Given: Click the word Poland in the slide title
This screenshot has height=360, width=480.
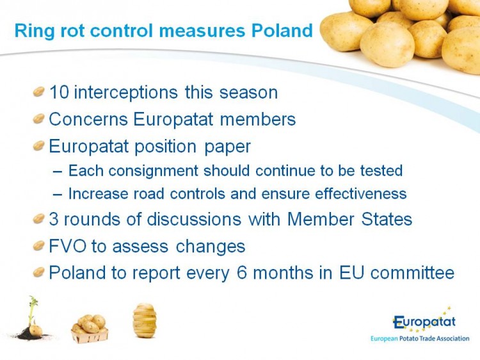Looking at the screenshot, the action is [x=282, y=31].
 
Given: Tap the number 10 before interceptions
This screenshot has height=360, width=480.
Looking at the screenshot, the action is [x=59, y=92].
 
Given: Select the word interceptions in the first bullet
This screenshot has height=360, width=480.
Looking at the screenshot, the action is [x=126, y=93].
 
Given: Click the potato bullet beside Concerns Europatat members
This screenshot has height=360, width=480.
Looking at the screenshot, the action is [x=39, y=119].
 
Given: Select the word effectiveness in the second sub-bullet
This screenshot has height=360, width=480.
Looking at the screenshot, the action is [x=360, y=193].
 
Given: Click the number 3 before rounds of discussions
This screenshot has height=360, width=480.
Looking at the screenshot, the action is [x=54, y=220].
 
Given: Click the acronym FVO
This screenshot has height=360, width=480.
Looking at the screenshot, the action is [x=68, y=247].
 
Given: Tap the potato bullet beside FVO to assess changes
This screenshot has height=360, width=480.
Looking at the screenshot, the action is [x=39, y=245].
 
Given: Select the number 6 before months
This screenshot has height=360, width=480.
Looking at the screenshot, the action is [x=241, y=273].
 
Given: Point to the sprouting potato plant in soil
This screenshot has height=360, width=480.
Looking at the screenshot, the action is [x=31, y=318].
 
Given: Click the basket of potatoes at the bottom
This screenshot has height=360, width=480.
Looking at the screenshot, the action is [x=90, y=329].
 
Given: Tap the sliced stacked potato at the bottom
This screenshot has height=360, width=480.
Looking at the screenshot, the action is [x=145, y=320].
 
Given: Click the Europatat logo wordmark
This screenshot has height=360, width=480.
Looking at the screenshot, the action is [x=424, y=322].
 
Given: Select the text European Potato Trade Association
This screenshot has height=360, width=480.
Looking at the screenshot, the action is [x=420, y=339].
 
